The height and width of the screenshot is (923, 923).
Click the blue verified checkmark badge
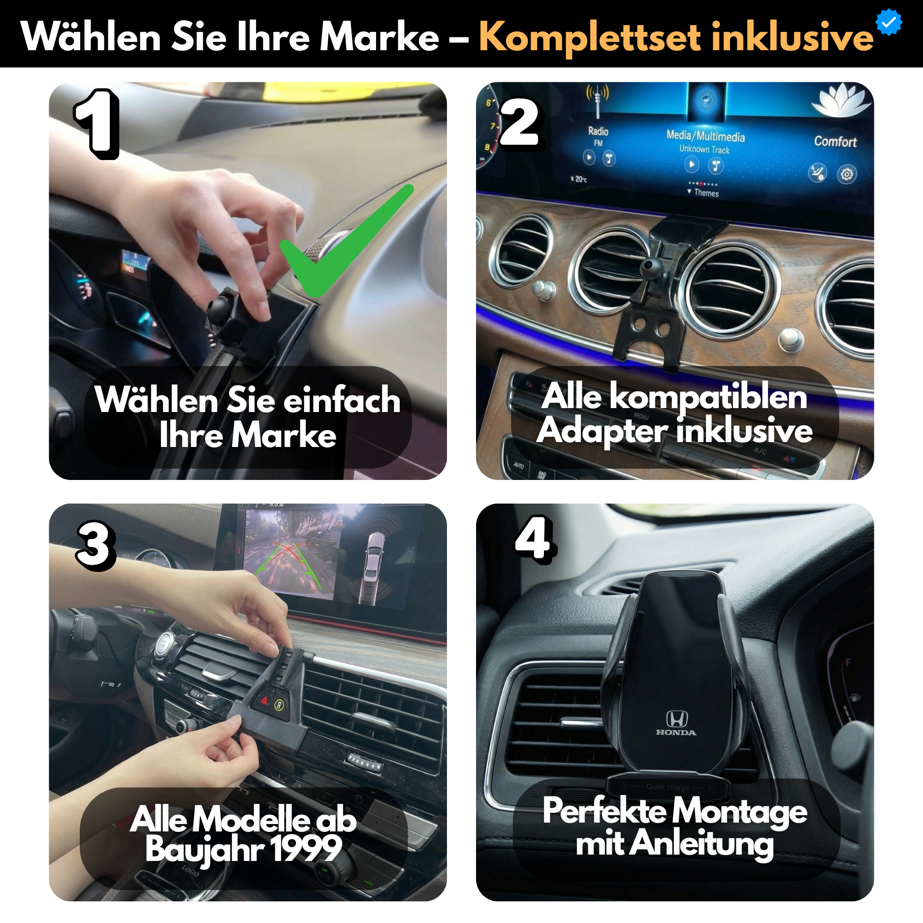[889, 22]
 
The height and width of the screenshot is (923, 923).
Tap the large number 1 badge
[97, 123]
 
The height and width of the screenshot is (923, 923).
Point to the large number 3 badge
[95, 545]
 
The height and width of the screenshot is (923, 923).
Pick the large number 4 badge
[535, 539]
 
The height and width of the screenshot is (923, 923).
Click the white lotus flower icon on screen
[841, 98]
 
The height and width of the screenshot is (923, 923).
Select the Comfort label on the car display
[835, 142]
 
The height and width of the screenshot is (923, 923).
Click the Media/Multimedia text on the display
[705, 136]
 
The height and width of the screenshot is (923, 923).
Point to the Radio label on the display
[598, 131]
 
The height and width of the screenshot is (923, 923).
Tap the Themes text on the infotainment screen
[706, 193]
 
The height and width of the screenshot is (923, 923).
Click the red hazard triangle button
[264, 700]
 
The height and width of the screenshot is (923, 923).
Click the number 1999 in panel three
[306, 849]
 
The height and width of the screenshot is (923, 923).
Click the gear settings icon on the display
[847, 174]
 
